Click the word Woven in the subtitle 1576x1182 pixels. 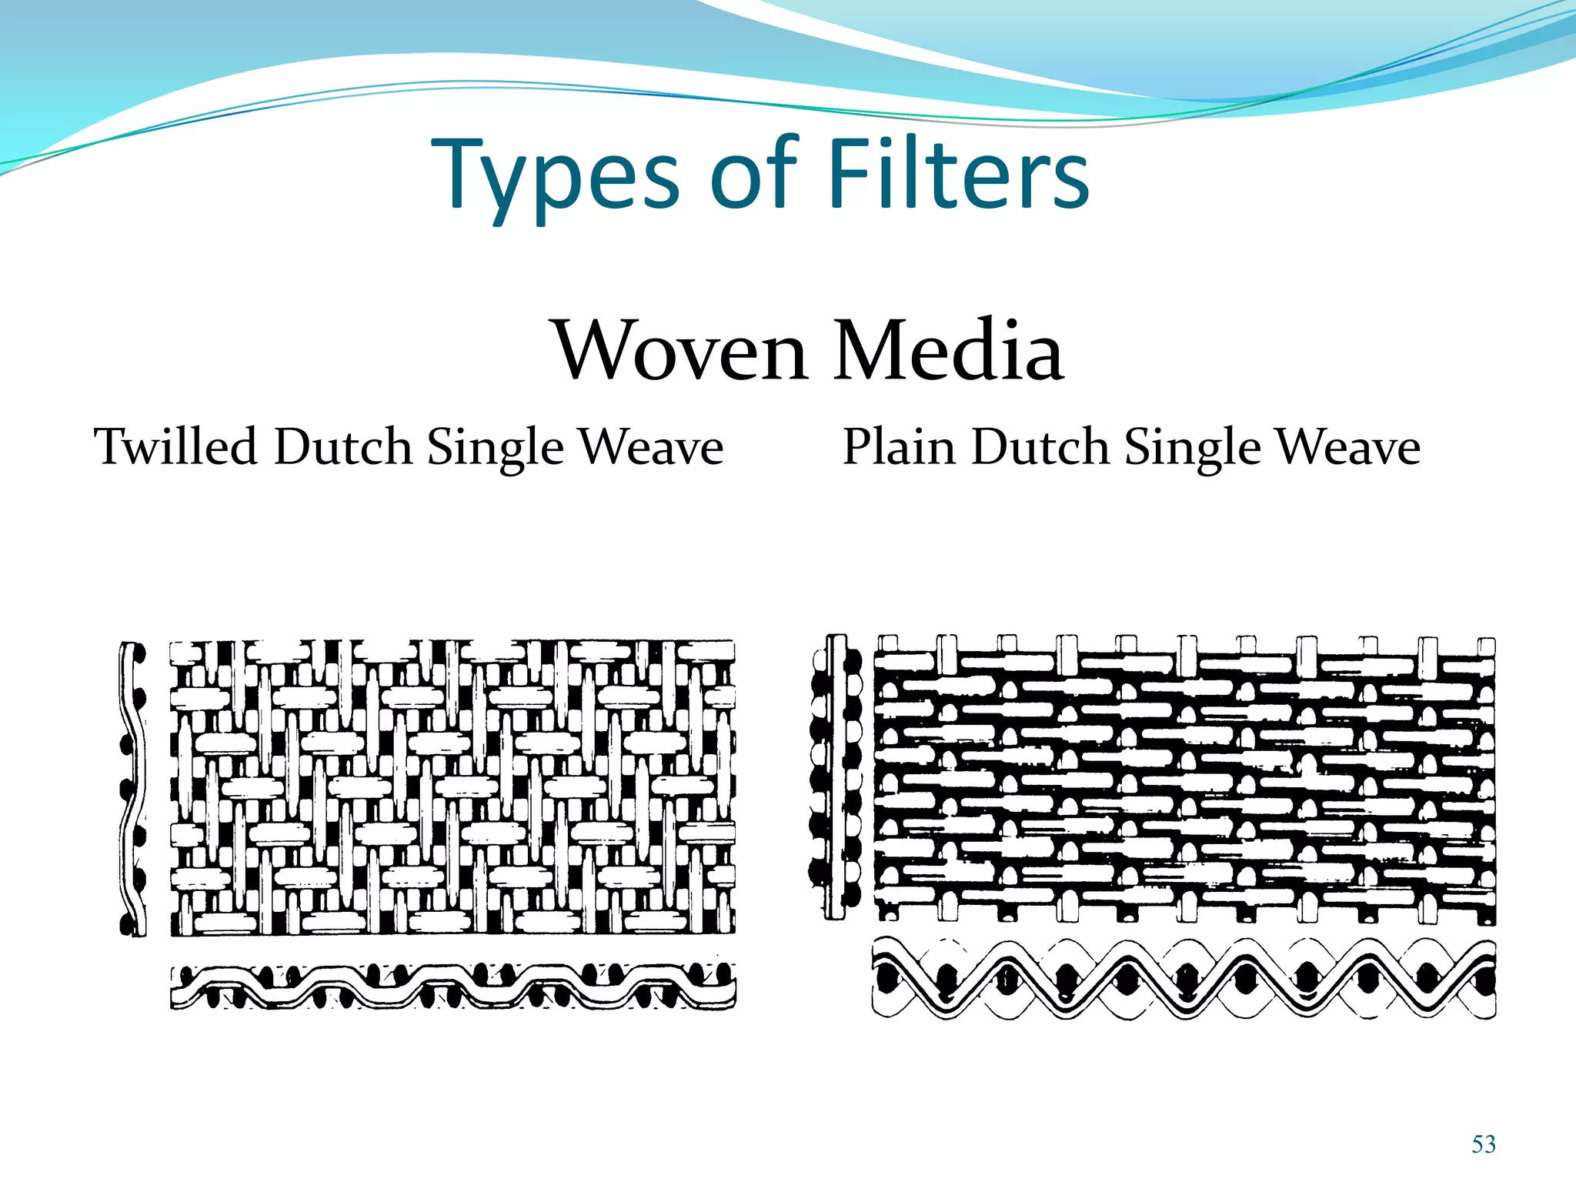[x=681, y=351]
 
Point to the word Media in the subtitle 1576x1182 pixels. [x=949, y=351]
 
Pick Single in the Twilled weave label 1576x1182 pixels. [x=495, y=448]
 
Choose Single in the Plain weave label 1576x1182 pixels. [x=1192, y=448]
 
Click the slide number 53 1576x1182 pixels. [x=1484, y=1144]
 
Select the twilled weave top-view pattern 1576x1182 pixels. [x=452, y=787]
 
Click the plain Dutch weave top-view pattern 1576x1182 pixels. [x=1184, y=779]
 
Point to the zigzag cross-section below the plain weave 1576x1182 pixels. [x=1184, y=979]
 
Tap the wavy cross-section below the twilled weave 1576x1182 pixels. [x=452, y=987]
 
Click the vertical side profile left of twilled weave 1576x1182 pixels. [x=133, y=789]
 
